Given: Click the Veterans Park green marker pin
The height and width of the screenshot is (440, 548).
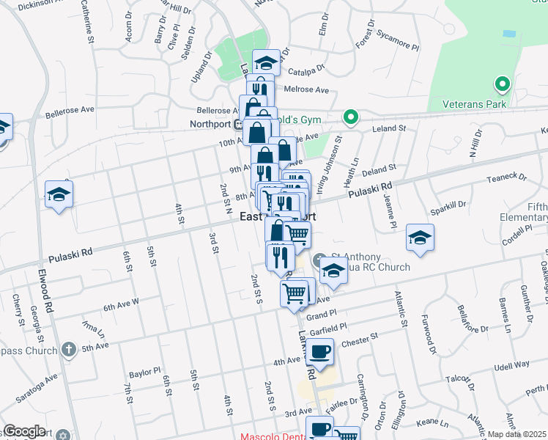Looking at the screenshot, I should [502, 85].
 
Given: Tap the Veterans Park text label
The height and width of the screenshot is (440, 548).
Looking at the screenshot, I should [475, 105].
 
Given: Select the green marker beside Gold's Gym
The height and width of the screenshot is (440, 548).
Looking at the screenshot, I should [351, 117].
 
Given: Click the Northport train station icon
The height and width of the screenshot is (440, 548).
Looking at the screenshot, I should [237, 123].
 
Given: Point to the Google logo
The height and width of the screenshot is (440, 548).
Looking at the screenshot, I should [24, 431].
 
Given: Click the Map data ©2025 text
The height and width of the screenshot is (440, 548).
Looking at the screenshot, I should [517, 434].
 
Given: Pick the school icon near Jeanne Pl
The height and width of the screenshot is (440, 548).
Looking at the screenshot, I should [420, 238].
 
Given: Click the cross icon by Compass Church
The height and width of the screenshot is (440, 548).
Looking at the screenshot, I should [68, 349].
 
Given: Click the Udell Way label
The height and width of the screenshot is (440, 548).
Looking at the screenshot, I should [511, 364].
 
